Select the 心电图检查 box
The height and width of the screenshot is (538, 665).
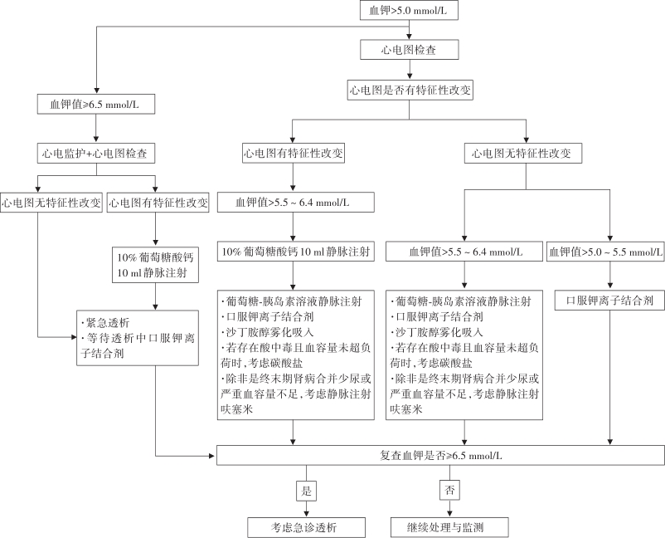coord(409,50)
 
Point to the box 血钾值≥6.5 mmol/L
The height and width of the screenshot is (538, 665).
coord(98,105)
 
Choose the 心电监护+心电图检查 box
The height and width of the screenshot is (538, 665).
coord(98,154)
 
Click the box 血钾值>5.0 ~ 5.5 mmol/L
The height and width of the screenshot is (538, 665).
coord(606,251)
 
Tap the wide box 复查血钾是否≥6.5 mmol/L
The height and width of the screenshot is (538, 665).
coord(440,456)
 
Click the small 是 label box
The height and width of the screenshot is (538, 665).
coord(305,490)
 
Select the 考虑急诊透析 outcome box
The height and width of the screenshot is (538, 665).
coord(305,527)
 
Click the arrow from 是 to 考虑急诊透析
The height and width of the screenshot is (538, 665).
coord(305,508)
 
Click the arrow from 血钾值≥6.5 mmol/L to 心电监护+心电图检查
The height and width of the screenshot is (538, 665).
coord(98,130)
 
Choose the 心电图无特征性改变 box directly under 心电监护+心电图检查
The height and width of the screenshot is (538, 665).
coord(51,202)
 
